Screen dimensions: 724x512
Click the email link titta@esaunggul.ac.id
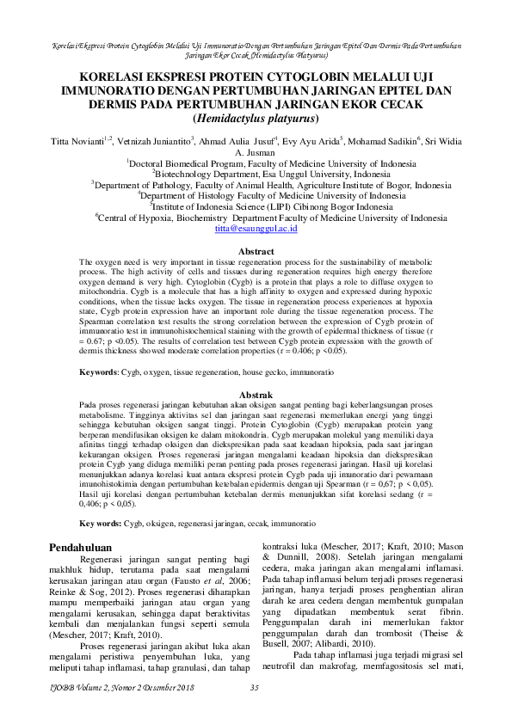coord(256,230)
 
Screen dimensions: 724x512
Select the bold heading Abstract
coord(256,251)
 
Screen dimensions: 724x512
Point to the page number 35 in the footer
coord(255,710)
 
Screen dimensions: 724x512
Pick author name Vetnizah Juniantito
coord(145,140)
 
